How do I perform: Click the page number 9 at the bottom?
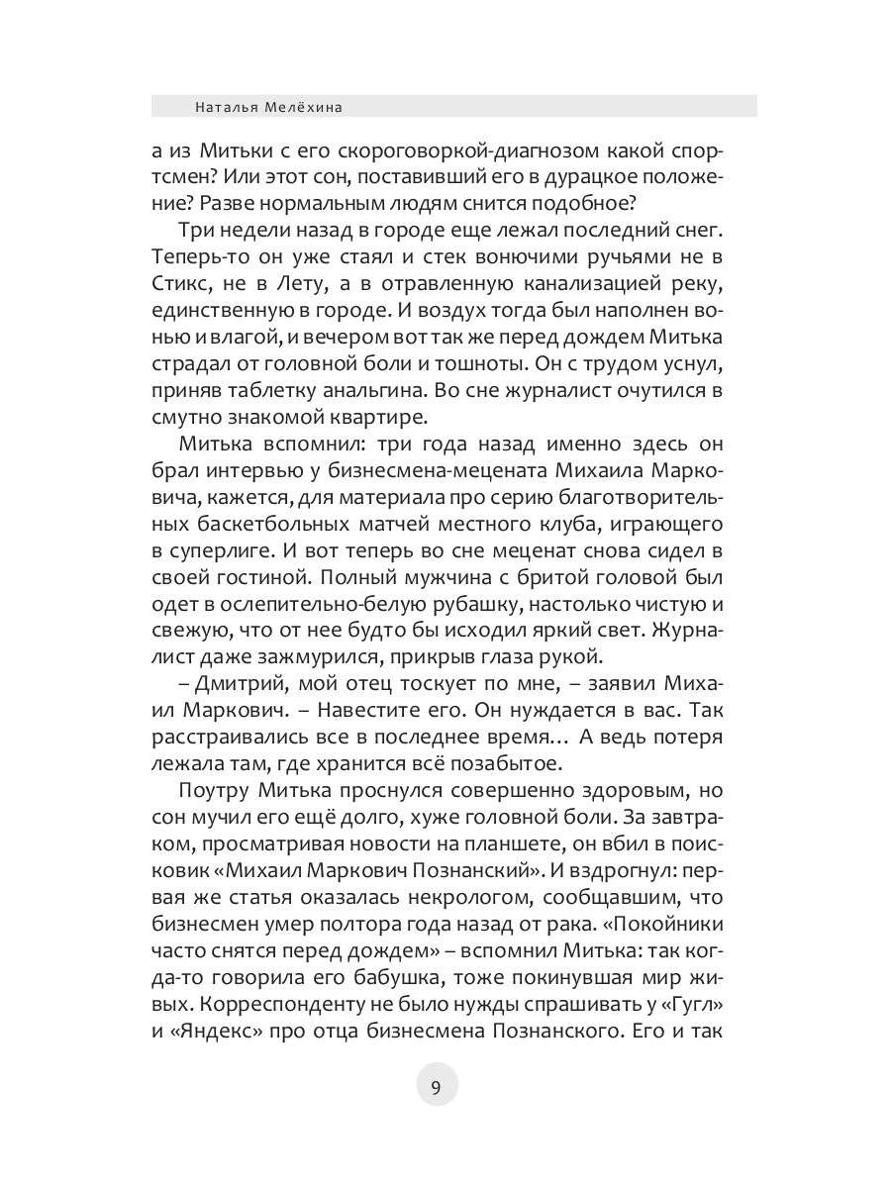436,1087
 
